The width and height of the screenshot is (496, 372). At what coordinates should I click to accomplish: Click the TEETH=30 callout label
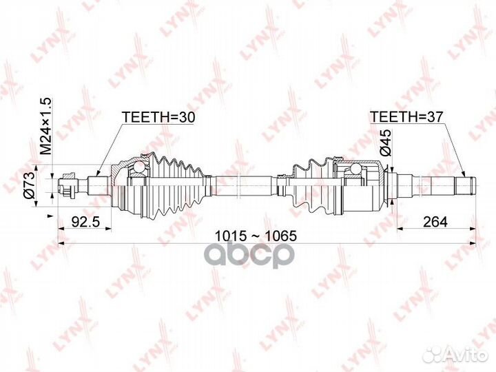[x=159, y=117]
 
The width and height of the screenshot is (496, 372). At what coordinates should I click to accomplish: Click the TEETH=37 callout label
[x=406, y=116]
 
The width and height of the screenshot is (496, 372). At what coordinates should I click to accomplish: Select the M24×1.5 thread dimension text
[x=46, y=126]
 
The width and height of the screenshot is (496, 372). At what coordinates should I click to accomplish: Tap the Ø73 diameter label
[x=29, y=185]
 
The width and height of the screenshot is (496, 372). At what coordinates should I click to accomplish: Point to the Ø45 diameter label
[x=386, y=143]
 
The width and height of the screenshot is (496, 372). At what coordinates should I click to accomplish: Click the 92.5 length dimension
[x=85, y=222]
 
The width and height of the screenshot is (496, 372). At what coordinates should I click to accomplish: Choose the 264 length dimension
[x=435, y=222]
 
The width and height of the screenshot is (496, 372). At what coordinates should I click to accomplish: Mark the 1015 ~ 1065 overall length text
[x=256, y=236]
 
